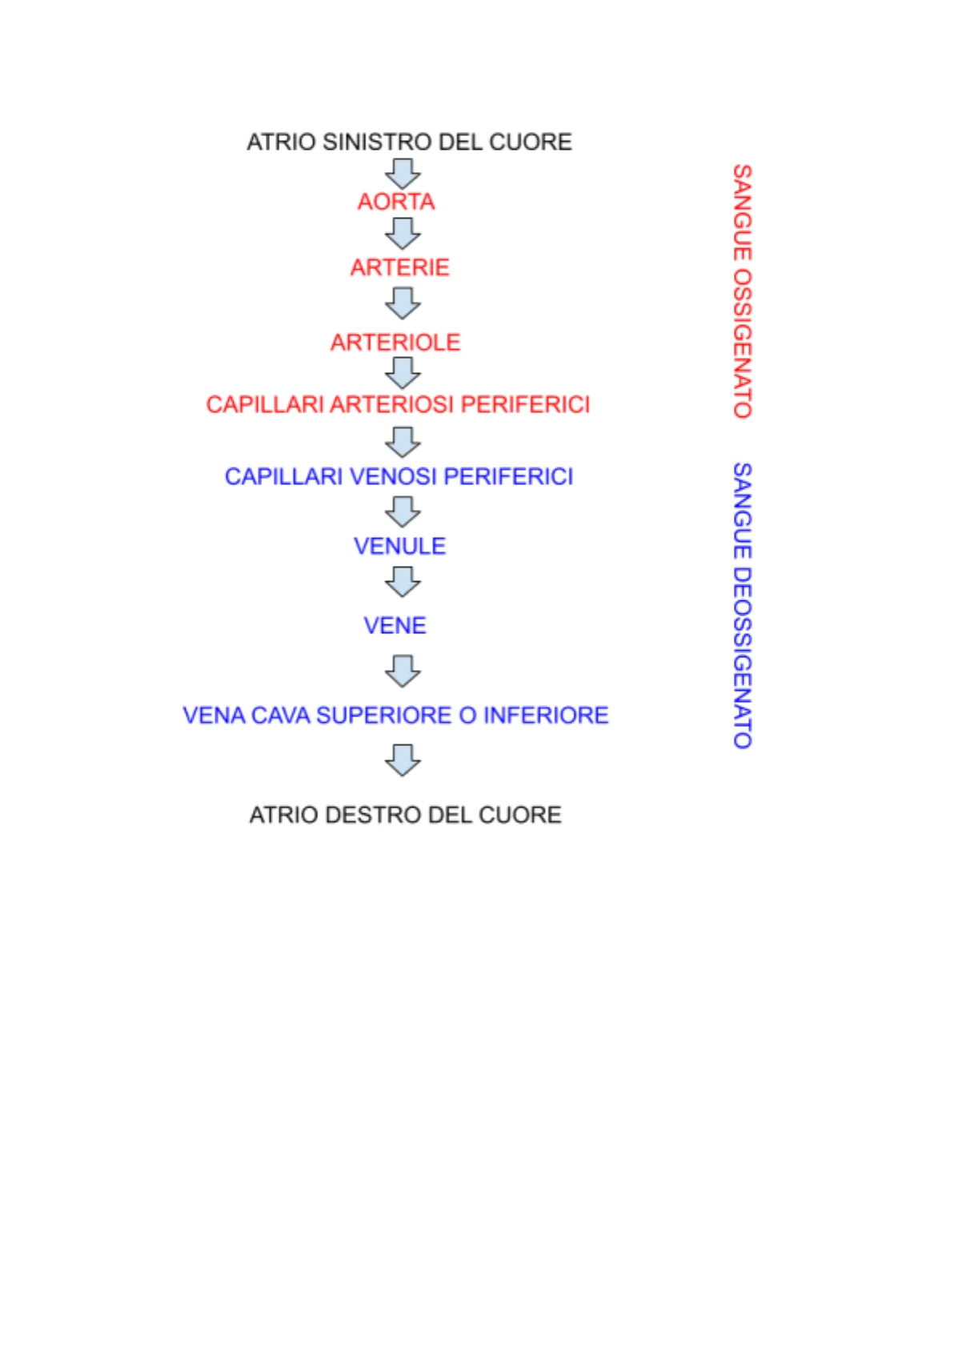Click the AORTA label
[x=396, y=202]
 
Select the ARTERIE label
[x=399, y=267]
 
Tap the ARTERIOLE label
[x=395, y=343]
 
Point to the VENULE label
[x=399, y=546]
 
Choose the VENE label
[x=395, y=625]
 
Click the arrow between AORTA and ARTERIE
[x=403, y=234]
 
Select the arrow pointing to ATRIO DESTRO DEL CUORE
[x=403, y=760]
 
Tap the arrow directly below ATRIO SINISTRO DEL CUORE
[x=403, y=173]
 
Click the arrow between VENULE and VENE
[x=403, y=582]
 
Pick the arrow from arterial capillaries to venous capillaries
[x=403, y=441]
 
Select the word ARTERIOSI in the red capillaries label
[x=391, y=405]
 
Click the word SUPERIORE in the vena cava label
[x=384, y=716]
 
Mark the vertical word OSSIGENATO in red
[x=742, y=343]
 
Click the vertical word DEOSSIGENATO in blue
[x=742, y=656]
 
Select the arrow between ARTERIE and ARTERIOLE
[x=403, y=303]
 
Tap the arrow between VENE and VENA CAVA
[x=403, y=671]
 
